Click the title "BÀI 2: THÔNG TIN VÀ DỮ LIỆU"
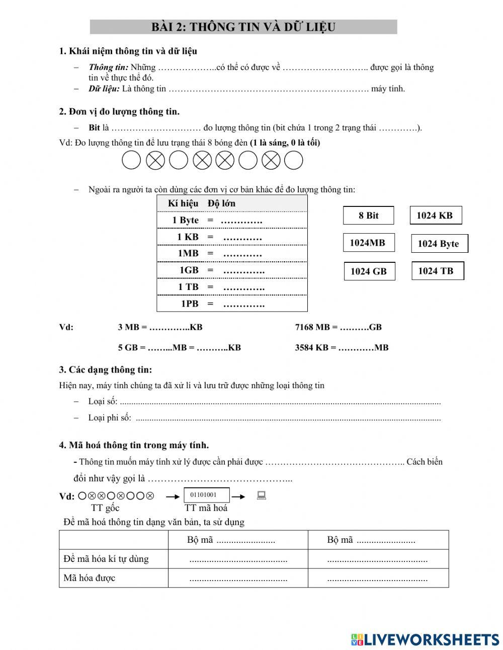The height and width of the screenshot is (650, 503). (243, 27)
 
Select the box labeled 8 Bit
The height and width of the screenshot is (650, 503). (368, 215)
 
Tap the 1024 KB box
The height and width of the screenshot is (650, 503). (435, 215)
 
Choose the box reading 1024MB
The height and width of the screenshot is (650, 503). (368, 243)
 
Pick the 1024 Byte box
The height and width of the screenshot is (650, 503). (439, 244)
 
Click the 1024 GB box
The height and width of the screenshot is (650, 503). (369, 271)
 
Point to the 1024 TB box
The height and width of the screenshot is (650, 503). (437, 271)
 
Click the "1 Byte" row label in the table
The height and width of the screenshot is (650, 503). (185, 220)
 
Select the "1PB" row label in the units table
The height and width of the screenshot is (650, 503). (190, 304)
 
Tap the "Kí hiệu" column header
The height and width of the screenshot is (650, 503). (183, 203)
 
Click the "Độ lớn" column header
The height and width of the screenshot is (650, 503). (221, 203)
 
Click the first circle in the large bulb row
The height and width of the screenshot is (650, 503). (131, 161)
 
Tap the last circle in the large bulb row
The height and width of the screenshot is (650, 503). (294, 161)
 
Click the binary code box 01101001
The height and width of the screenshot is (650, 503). (207, 495)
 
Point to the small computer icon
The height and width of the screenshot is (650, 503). (261, 496)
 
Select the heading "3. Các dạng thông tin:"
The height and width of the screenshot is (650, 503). (105, 370)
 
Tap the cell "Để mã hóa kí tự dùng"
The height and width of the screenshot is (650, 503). (106, 559)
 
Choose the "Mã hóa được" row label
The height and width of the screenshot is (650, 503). (90, 578)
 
